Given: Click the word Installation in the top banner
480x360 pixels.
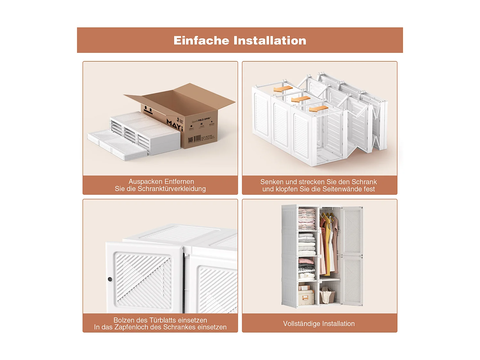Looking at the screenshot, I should tap(270, 41).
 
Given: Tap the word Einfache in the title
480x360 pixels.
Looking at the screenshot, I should tap(201, 41).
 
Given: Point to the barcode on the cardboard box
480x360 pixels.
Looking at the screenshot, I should tap(197, 138).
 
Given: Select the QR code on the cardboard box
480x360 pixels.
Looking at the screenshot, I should tap(190, 140).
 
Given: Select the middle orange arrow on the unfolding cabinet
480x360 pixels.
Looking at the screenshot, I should tap(301, 99).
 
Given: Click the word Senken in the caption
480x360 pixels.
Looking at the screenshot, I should tap(272, 182).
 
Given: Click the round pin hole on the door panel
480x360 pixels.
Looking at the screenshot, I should tap(110, 279).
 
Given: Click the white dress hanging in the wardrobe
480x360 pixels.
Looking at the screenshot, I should tap(331, 250).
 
